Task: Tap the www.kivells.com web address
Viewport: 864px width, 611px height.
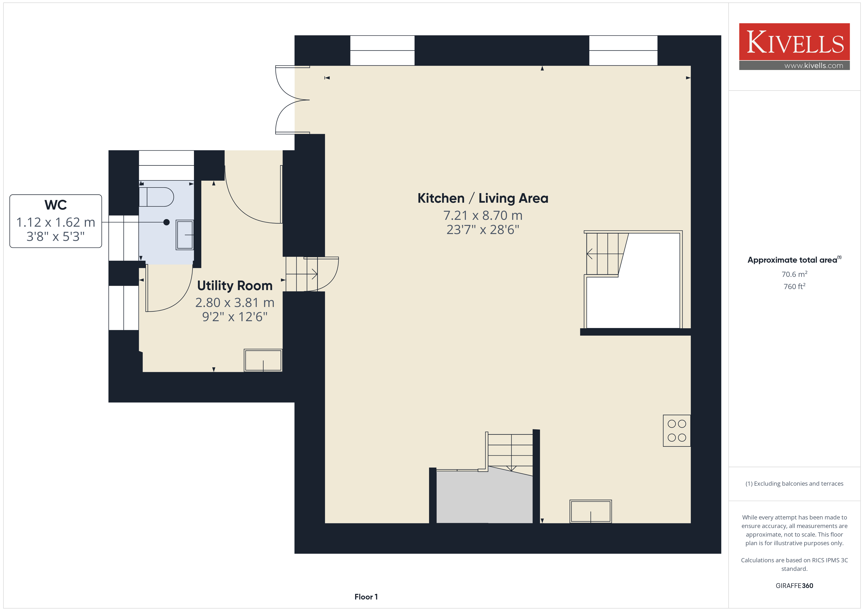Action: (x=814, y=65)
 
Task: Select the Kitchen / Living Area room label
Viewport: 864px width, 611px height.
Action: (x=483, y=198)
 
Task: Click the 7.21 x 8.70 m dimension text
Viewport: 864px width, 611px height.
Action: (x=483, y=216)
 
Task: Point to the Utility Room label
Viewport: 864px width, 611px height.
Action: (x=235, y=286)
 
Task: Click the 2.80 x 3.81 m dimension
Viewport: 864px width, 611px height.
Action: (x=235, y=303)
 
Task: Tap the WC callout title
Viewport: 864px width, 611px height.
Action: (x=56, y=205)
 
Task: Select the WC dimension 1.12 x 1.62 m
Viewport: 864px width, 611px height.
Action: (x=56, y=222)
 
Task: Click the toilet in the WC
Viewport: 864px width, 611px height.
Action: (x=156, y=197)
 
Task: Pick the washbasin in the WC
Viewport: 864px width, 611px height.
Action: (x=185, y=235)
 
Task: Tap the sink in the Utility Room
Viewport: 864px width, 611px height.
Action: (x=263, y=360)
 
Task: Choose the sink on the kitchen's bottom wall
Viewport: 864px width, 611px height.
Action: (x=590, y=511)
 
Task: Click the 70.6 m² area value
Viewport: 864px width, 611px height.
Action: (x=794, y=274)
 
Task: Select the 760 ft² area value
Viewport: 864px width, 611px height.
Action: (x=794, y=286)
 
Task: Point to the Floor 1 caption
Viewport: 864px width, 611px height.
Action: (x=366, y=597)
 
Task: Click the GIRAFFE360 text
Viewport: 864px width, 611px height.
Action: (x=794, y=586)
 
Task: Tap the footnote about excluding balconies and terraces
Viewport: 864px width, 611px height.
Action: (x=794, y=483)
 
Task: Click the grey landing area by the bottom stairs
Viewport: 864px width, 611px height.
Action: (x=484, y=497)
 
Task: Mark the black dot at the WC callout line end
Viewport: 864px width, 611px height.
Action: (x=166, y=222)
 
